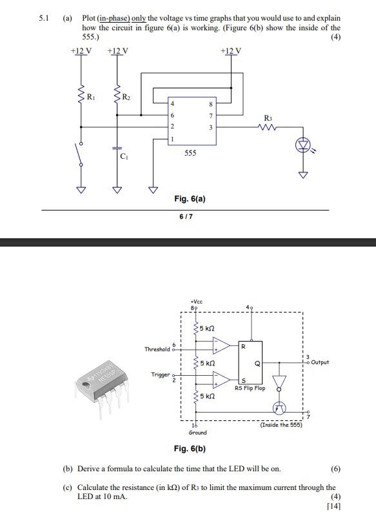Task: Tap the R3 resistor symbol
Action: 267,127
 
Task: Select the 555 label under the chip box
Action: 190,153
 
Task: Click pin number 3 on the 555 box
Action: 210,127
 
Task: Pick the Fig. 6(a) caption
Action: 190,199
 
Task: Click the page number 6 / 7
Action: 186,216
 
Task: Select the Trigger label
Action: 159,374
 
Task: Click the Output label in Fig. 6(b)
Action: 319,362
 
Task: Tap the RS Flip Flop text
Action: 250,388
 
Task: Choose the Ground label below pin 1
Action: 197,432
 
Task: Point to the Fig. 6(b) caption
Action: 190,448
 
